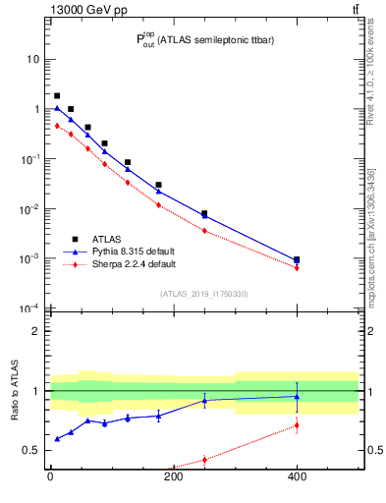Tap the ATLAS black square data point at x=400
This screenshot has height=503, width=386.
(x=297, y=260)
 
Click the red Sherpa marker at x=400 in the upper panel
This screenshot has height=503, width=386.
(x=297, y=267)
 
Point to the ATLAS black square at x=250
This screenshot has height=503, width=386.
(x=204, y=213)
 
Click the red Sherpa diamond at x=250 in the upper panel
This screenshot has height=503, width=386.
(x=204, y=231)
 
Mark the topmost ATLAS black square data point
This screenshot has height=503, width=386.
(x=57, y=96)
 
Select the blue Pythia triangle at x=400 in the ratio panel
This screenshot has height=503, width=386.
(x=297, y=397)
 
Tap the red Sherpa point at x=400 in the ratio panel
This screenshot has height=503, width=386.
(x=297, y=425)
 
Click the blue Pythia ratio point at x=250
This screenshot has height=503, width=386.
(x=204, y=400)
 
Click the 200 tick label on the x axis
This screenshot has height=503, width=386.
(x=174, y=478)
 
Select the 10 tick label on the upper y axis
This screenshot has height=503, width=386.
(x=34, y=59)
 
